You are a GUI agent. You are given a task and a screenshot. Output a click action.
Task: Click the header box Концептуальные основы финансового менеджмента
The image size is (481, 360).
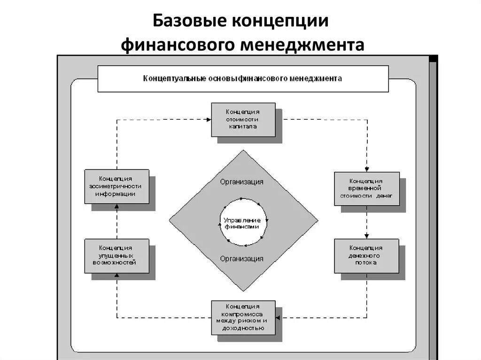coord(243,78)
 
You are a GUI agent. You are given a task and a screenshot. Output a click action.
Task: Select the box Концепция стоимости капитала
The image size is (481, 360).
coord(243,120)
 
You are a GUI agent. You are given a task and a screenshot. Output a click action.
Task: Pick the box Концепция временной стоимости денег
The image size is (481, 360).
coord(366,188)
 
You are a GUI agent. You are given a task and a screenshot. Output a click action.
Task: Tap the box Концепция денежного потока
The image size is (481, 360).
coord(366,256)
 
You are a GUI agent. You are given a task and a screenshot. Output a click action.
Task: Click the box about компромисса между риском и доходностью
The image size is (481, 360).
coord(243,317)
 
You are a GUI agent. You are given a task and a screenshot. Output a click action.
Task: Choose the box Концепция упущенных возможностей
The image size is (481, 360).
coord(116,256)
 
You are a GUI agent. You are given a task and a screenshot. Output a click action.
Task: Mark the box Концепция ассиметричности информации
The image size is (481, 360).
coord(116,186)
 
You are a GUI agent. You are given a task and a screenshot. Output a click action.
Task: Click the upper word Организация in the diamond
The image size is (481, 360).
coord(241,182)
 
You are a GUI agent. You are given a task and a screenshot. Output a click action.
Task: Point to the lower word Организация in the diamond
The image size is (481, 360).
coord(241,259)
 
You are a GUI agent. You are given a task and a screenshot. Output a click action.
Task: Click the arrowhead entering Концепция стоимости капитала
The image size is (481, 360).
coord(208,120)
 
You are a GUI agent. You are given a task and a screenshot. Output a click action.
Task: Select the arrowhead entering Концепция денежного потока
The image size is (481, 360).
coord(367,236)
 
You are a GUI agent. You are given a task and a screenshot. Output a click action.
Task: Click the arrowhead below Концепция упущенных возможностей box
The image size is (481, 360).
coord(116,276)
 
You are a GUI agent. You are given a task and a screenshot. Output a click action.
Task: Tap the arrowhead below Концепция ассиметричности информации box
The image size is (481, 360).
coord(116,207)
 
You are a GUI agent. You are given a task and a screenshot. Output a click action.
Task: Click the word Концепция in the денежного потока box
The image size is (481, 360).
coord(366,248)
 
